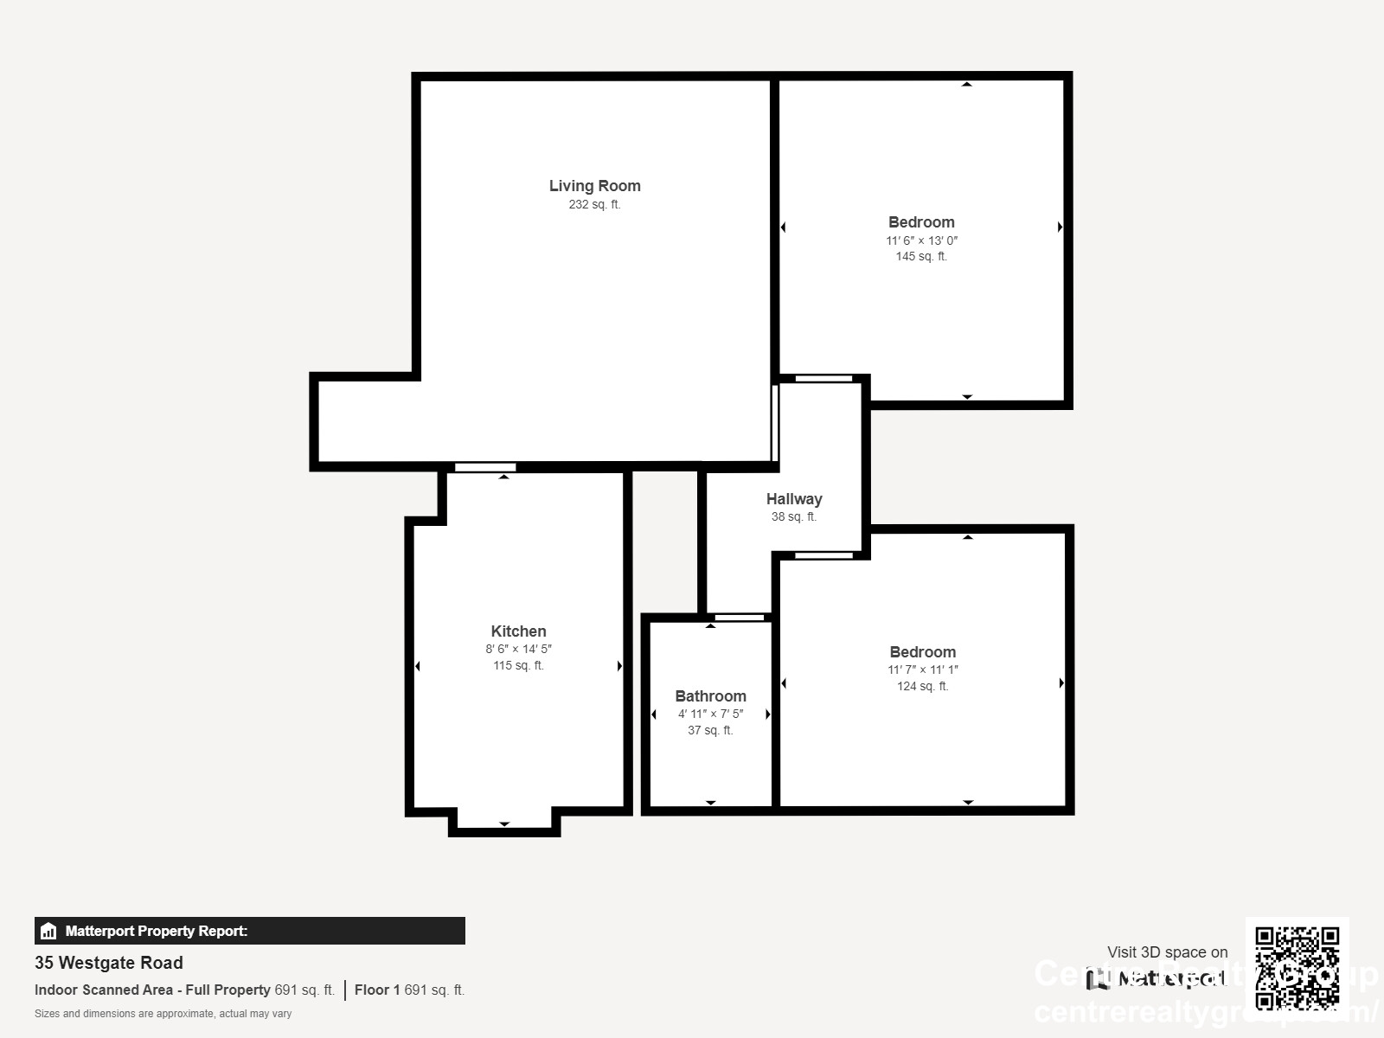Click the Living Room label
[x=594, y=185]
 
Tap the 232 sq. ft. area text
[x=594, y=205]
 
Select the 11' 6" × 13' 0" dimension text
[x=921, y=240]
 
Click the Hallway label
[x=793, y=499]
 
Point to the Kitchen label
[x=518, y=631]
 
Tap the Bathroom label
[x=710, y=696]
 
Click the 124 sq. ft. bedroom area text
[x=922, y=686]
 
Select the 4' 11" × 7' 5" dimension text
[x=710, y=714]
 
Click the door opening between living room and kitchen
[x=485, y=467]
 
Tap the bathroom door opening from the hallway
[x=740, y=617]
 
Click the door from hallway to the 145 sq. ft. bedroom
[x=823, y=378]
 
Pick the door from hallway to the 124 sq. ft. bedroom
[x=823, y=555]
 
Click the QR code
[x=1297, y=968]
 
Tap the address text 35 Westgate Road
[x=109, y=963]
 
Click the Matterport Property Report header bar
[x=249, y=931]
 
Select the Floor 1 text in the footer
[x=377, y=990]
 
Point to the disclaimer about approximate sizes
[x=163, y=1014]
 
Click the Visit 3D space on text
[x=1167, y=952]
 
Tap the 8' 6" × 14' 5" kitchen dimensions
[x=518, y=649]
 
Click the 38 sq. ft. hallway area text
[x=793, y=517]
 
